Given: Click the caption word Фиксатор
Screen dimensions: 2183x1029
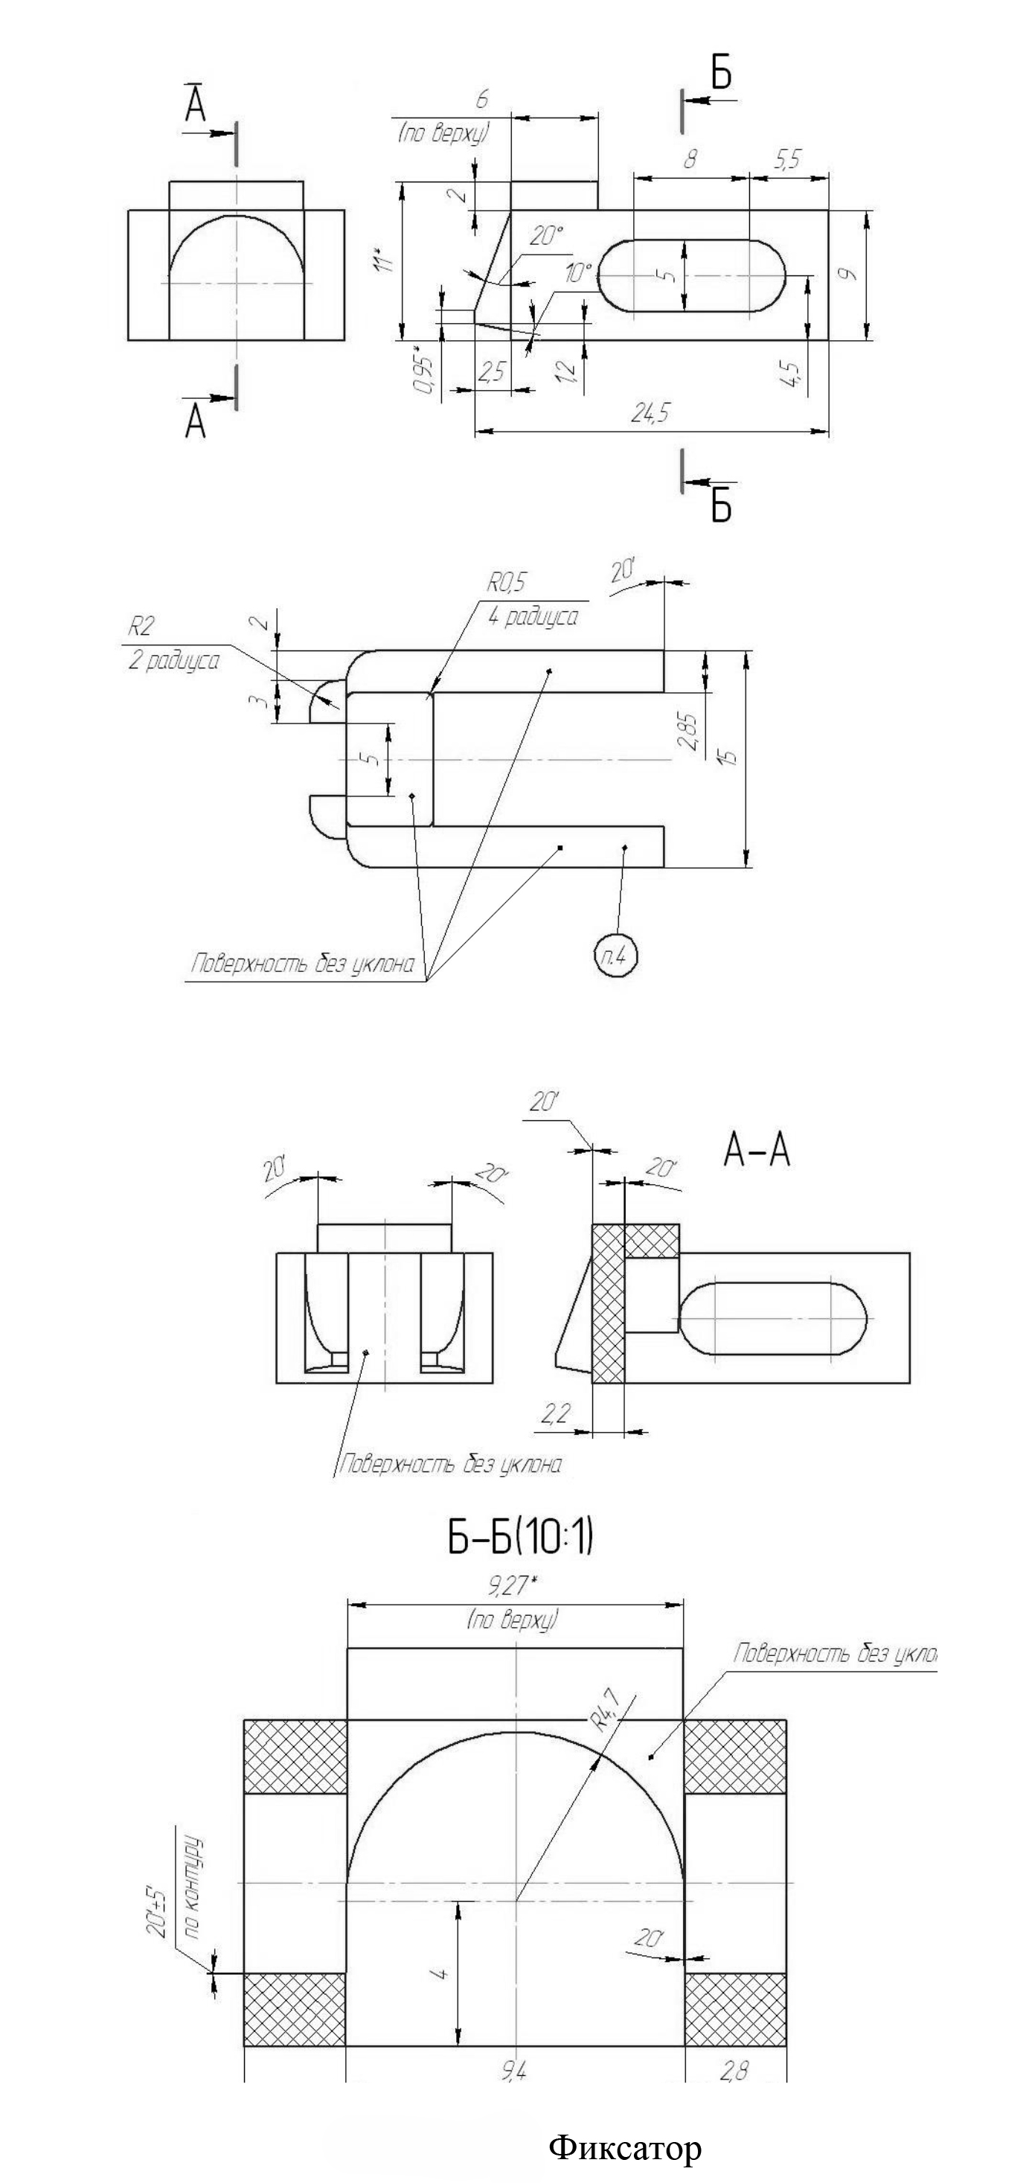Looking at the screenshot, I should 625,2147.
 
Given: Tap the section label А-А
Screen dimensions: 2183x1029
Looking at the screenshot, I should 756,1151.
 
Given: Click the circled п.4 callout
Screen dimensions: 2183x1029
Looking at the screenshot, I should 615,958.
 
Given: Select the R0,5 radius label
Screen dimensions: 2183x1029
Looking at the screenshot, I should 506,582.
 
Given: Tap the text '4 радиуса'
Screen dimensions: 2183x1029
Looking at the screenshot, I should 533,616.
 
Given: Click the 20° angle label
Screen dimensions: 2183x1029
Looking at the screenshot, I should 546,237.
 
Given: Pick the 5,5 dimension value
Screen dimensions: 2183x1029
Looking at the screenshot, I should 786,159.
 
